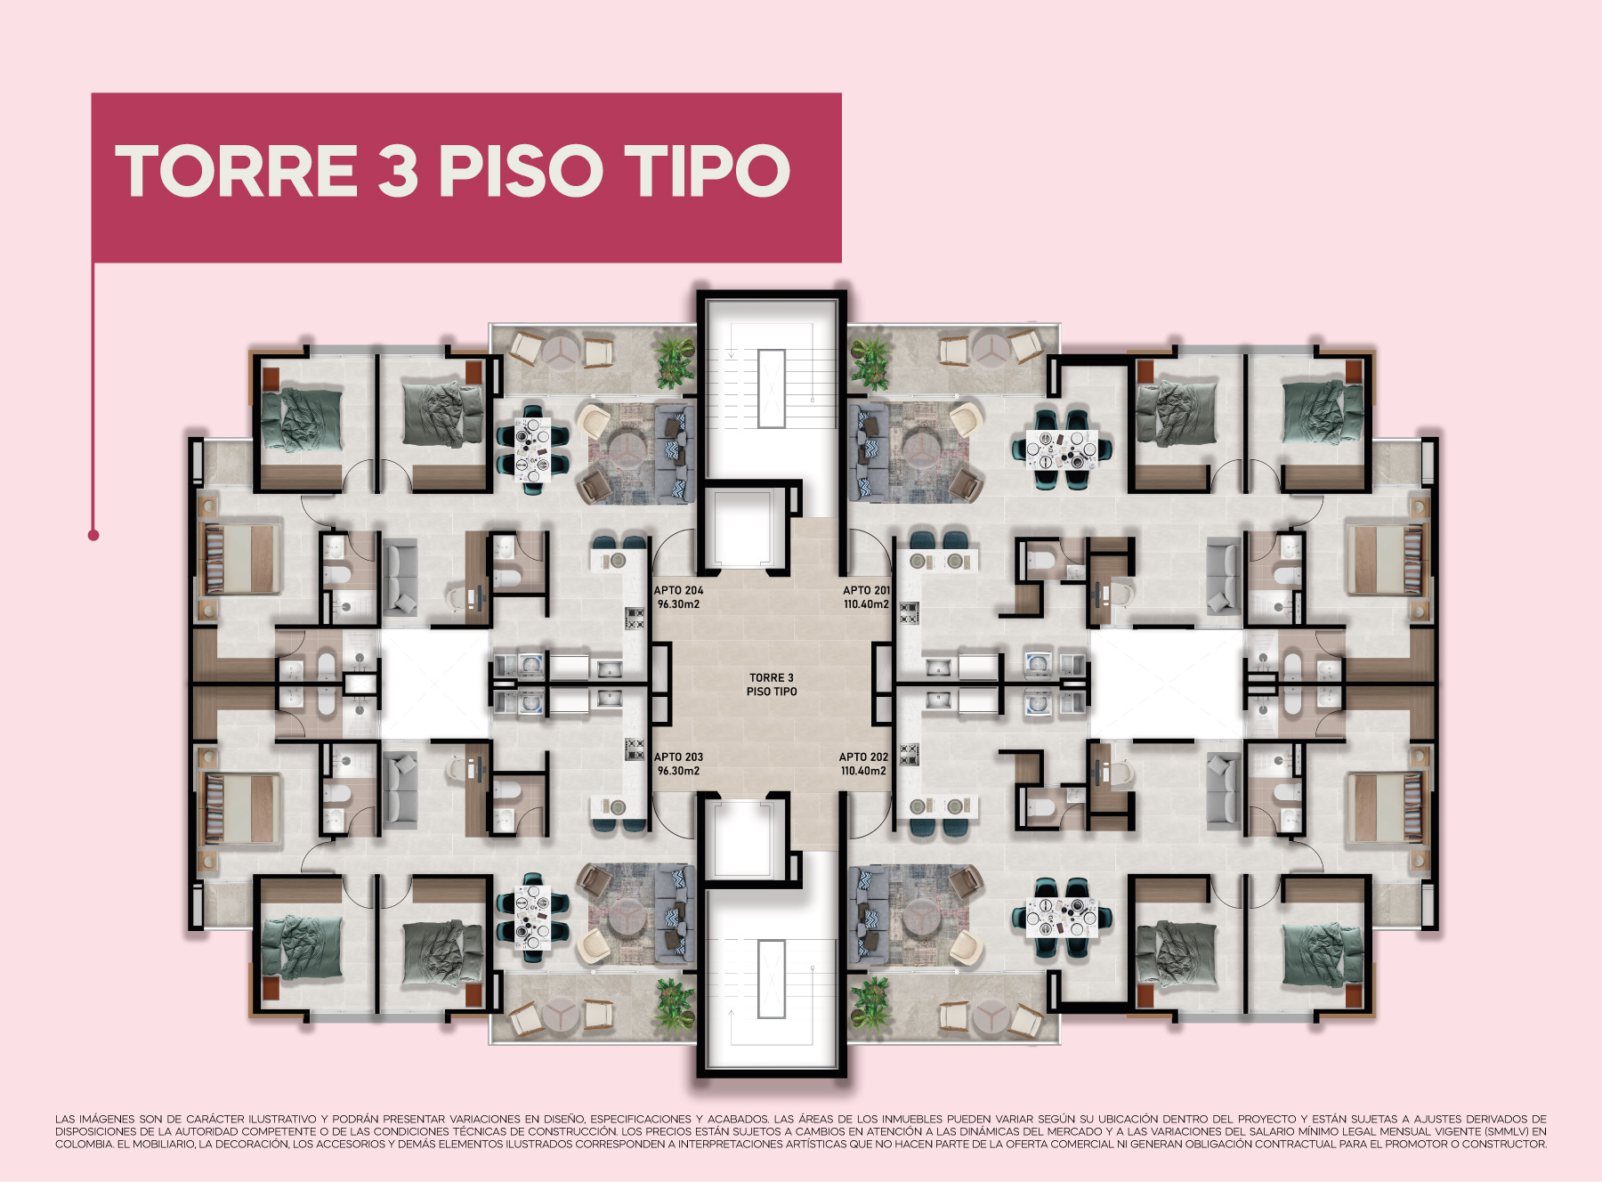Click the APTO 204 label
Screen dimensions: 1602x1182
tap(678, 590)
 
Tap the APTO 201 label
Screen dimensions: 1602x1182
tap(866, 590)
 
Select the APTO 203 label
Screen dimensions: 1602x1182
tap(678, 757)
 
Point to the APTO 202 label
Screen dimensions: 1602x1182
tap(863, 757)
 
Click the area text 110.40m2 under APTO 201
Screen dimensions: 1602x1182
tap(866, 604)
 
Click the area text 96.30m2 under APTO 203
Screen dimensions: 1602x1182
tap(678, 771)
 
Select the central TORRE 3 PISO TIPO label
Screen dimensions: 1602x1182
tap(772, 684)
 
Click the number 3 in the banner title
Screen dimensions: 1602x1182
tap(398, 171)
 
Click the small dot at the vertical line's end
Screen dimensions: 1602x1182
tap(93, 535)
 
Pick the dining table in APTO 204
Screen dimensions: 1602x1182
tap(533, 449)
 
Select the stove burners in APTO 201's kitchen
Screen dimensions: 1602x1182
tap(909, 612)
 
